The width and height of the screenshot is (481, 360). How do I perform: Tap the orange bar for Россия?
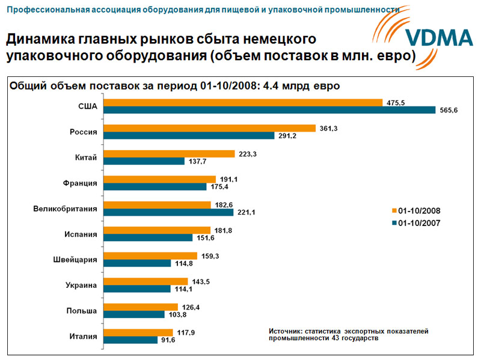coord(208,128)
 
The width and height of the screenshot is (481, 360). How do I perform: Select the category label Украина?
coord(81,285)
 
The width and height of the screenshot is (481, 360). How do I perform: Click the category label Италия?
coord(83,336)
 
